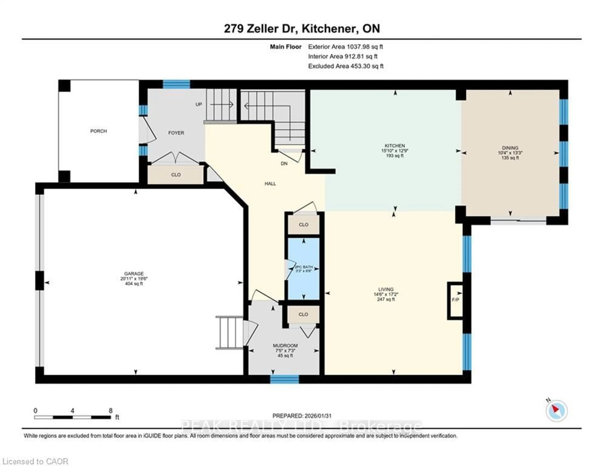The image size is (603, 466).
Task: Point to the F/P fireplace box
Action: [x=455, y=300]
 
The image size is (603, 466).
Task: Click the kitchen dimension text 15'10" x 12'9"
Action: [x=395, y=151]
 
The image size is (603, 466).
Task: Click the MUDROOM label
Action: [x=285, y=346]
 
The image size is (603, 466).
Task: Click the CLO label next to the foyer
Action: [x=176, y=175]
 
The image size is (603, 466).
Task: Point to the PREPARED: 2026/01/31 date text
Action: [x=302, y=416]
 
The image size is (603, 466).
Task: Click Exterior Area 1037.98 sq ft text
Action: [x=345, y=47]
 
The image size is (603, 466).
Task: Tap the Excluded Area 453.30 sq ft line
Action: [x=346, y=66]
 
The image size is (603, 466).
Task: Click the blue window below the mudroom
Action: [x=284, y=379]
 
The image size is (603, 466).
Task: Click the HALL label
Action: [x=270, y=183]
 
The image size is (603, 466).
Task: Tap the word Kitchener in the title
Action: [x=328, y=29]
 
